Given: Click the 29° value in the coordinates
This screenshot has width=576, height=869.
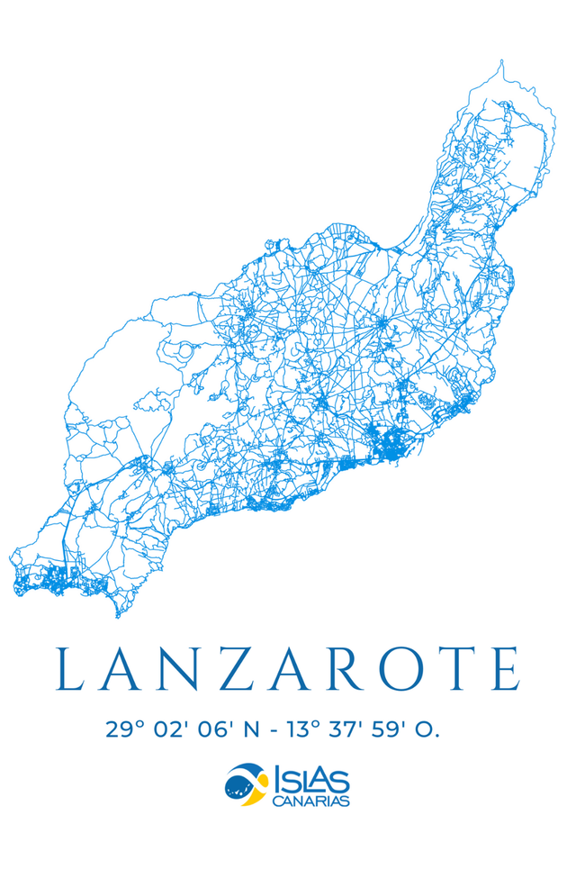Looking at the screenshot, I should tap(125, 729).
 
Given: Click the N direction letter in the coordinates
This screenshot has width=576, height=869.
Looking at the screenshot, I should tap(251, 729).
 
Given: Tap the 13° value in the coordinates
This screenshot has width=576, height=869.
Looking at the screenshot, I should tap(303, 729).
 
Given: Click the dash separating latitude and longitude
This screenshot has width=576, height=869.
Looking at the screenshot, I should tap(273, 730).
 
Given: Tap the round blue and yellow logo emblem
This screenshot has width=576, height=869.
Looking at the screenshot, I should tap(246, 783).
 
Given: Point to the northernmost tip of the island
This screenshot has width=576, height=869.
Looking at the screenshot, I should tap(500, 61).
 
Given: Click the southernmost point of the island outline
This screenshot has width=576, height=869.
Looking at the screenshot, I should tap(118, 617).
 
